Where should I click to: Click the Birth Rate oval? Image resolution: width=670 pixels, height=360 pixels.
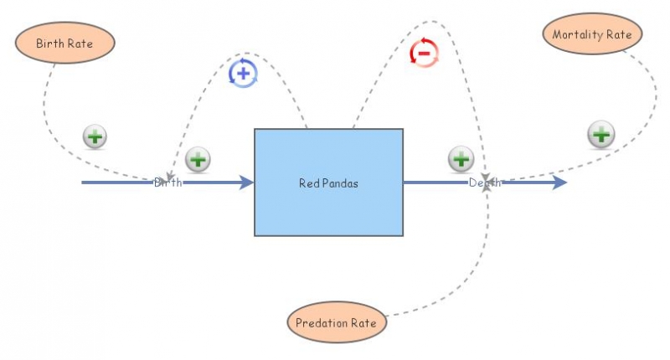click(x=64, y=43)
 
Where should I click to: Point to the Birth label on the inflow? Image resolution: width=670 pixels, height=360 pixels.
click(x=167, y=183)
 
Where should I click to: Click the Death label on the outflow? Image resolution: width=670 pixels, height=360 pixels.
click(x=485, y=183)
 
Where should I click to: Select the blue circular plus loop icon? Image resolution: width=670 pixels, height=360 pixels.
click(x=243, y=74)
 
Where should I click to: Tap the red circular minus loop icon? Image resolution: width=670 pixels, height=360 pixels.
click(x=424, y=53)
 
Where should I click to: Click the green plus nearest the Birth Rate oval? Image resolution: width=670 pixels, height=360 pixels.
click(x=95, y=136)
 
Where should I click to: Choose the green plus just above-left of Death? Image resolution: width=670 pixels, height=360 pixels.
click(x=461, y=157)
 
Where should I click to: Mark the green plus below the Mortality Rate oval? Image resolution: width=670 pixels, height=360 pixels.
click(x=600, y=134)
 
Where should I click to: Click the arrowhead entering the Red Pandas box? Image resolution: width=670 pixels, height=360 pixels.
click(x=246, y=183)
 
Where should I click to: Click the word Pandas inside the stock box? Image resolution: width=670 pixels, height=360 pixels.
click(x=342, y=183)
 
